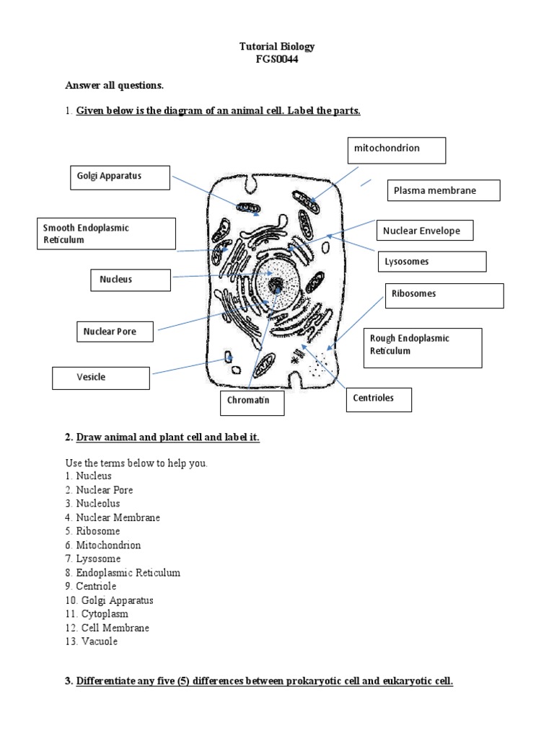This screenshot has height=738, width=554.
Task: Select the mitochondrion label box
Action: click(396, 150)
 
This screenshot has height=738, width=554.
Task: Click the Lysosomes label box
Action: click(431, 262)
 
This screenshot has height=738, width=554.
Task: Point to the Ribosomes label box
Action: click(444, 295)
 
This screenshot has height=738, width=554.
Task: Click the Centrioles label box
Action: click(379, 399)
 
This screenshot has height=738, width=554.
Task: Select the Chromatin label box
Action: click(252, 403)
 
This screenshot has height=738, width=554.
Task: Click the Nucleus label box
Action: click(130, 280)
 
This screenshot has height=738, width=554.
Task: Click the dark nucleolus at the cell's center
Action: click(276, 286)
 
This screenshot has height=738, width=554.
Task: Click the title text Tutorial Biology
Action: click(277, 47)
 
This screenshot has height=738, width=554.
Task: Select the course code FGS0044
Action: click(277, 60)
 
